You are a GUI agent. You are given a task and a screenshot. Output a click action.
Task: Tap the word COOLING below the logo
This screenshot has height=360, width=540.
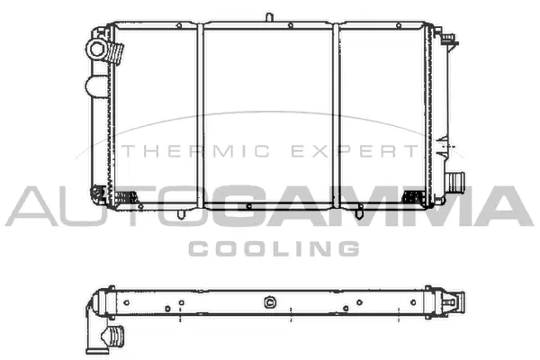coord(272,247)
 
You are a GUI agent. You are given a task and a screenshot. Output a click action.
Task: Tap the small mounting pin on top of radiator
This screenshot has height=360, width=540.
coord(269,16)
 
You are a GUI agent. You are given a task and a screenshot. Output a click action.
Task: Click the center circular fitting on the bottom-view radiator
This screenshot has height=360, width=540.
coord(267,303)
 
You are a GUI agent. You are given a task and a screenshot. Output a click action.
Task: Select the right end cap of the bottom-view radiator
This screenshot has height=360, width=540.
coord(449,302)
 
